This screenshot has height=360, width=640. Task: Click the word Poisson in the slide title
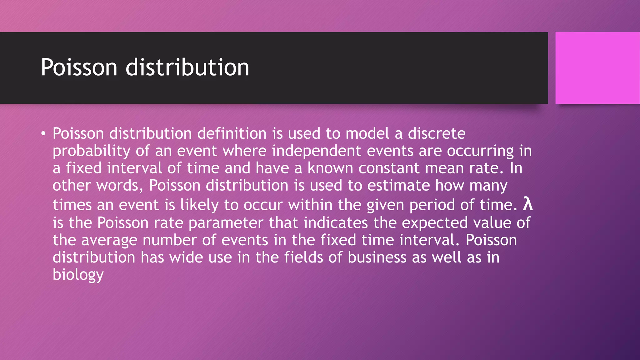tap(79, 67)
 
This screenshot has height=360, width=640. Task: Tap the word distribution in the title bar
tap(187, 67)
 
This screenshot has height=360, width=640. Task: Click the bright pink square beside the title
tap(597, 68)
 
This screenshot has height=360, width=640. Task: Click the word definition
tap(232, 133)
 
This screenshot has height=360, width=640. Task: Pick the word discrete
tap(437, 133)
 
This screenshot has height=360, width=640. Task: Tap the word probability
tap(91, 151)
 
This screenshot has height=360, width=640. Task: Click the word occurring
tap(480, 151)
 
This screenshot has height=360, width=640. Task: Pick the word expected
tap(434, 223)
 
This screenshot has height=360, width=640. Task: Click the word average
tap(109, 241)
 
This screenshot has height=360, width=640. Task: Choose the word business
tap(377, 257)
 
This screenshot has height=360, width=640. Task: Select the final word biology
tap(78, 275)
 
